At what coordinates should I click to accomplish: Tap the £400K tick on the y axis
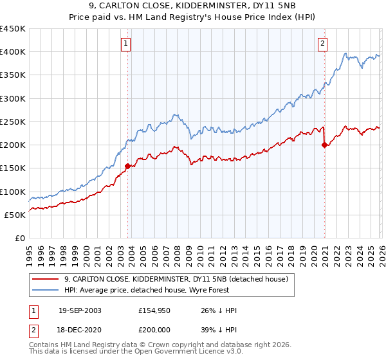(13, 52)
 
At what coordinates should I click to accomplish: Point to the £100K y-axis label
(13, 192)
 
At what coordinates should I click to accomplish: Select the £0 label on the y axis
(19, 238)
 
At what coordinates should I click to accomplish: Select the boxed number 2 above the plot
(322, 44)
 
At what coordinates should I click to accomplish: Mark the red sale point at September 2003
(128, 166)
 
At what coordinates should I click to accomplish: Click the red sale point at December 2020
(324, 145)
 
